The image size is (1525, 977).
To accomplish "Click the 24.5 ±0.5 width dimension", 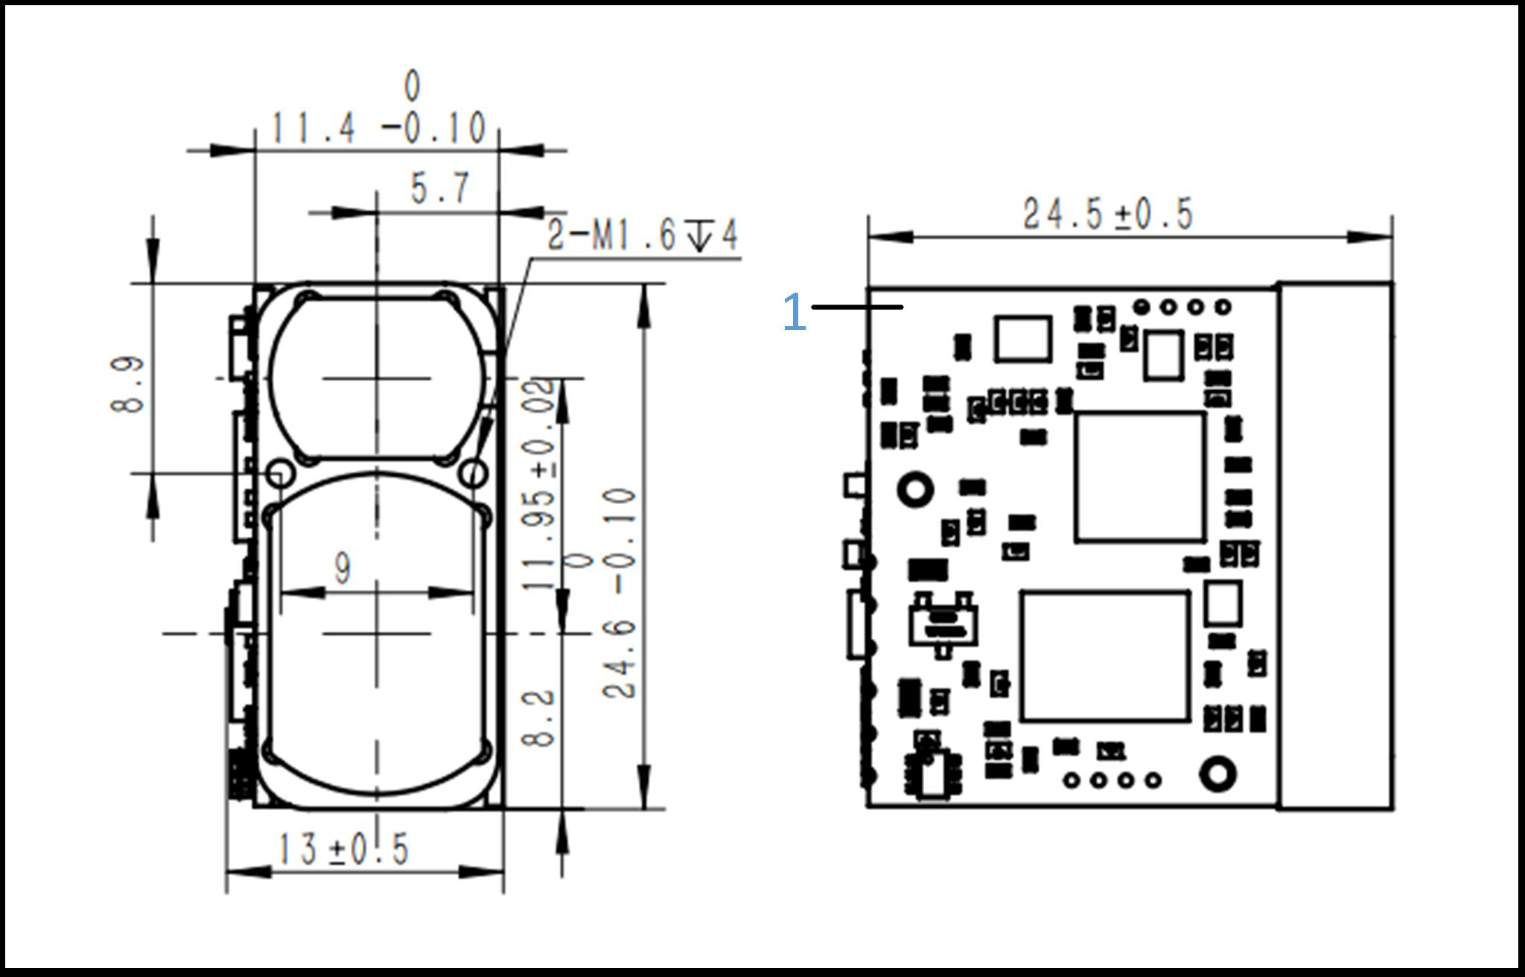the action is pos(1108,214).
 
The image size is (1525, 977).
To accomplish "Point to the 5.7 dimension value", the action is pos(441,188).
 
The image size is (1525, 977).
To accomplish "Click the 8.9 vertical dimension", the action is pos(127,384).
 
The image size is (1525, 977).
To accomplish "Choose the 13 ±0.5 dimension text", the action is pos(343,849).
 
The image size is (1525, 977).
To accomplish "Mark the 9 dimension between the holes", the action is pos(342,569).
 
